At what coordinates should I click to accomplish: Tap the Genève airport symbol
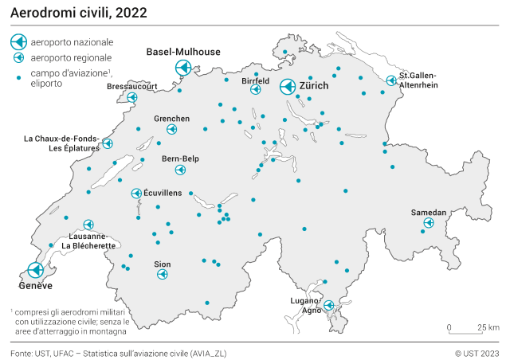35,270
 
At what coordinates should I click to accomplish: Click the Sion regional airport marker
163,274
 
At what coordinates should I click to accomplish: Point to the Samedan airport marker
428,224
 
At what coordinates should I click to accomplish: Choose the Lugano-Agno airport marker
328,305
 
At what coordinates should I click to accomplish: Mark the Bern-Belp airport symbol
182,169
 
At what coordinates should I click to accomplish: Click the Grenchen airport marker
172,128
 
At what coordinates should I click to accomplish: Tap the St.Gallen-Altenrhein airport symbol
391,80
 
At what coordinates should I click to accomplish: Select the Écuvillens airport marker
136,194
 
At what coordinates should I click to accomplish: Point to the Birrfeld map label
256,80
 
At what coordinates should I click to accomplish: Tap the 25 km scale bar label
488,327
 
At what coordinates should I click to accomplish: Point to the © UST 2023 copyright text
477,352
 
